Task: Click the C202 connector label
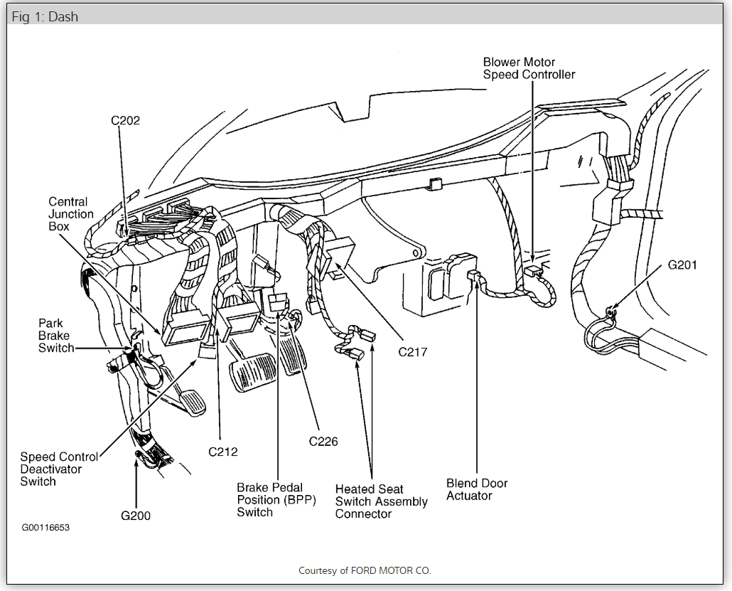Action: [x=125, y=120]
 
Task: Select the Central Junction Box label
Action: [x=71, y=214]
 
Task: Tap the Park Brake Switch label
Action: [x=56, y=336]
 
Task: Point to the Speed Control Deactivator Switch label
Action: [x=59, y=469]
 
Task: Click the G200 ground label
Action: [x=135, y=516]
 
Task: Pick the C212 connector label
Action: [x=222, y=452]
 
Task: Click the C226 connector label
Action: [x=323, y=442]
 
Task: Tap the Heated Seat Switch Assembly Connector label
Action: [x=381, y=501]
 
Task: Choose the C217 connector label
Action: [x=412, y=351]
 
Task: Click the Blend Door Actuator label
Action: [x=477, y=489]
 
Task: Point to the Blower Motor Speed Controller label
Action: [x=529, y=68]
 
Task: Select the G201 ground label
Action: [x=682, y=265]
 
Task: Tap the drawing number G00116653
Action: [x=45, y=528]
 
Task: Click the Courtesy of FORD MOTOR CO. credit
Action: [x=365, y=570]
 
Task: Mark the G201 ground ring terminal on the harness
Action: [x=609, y=311]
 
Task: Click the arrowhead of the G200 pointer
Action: [x=136, y=464]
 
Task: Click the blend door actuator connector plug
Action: [x=472, y=277]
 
